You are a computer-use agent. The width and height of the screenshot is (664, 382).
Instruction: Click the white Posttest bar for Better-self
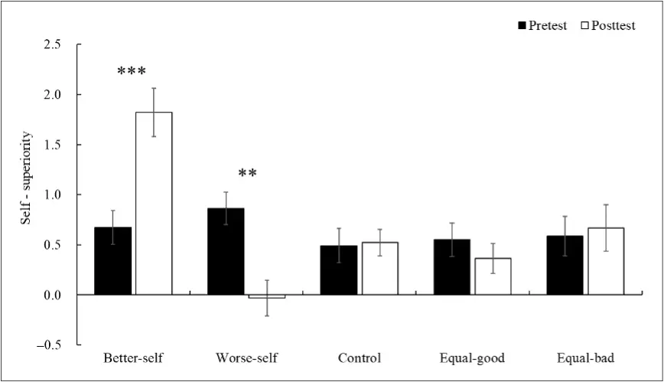pyautogui.click(x=154, y=204)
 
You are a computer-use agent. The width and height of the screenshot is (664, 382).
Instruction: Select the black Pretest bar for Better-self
pyautogui.click(x=112, y=261)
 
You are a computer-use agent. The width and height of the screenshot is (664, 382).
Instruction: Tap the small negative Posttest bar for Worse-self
pyautogui.click(x=266, y=296)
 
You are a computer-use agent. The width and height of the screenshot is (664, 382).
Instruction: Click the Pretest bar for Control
pyautogui.click(x=338, y=270)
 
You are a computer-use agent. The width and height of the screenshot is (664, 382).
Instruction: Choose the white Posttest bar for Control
pyautogui.click(x=379, y=269)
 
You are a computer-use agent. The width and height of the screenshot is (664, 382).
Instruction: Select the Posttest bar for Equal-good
pyautogui.click(x=493, y=276)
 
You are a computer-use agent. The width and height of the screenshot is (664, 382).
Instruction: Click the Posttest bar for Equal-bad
pyautogui.click(x=606, y=261)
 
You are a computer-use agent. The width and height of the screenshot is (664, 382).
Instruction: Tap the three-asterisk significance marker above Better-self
pyautogui.click(x=132, y=72)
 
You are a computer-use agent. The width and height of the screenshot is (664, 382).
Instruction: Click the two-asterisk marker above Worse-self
pyautogui.click(x=247, y=174)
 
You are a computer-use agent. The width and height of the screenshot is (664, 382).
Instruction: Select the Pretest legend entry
pyautogui.click(x=542, y=25)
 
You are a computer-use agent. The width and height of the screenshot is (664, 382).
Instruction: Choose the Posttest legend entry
pyautogui.click(x=608, y=25)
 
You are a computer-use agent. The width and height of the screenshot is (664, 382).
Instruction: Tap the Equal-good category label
pyautogui.click(x=472, y=358)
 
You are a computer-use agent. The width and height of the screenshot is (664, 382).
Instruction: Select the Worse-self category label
pyautogui.click(x=246, y=358)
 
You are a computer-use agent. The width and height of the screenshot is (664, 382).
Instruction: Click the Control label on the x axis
pyautogui.click(x=359, y=358)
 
